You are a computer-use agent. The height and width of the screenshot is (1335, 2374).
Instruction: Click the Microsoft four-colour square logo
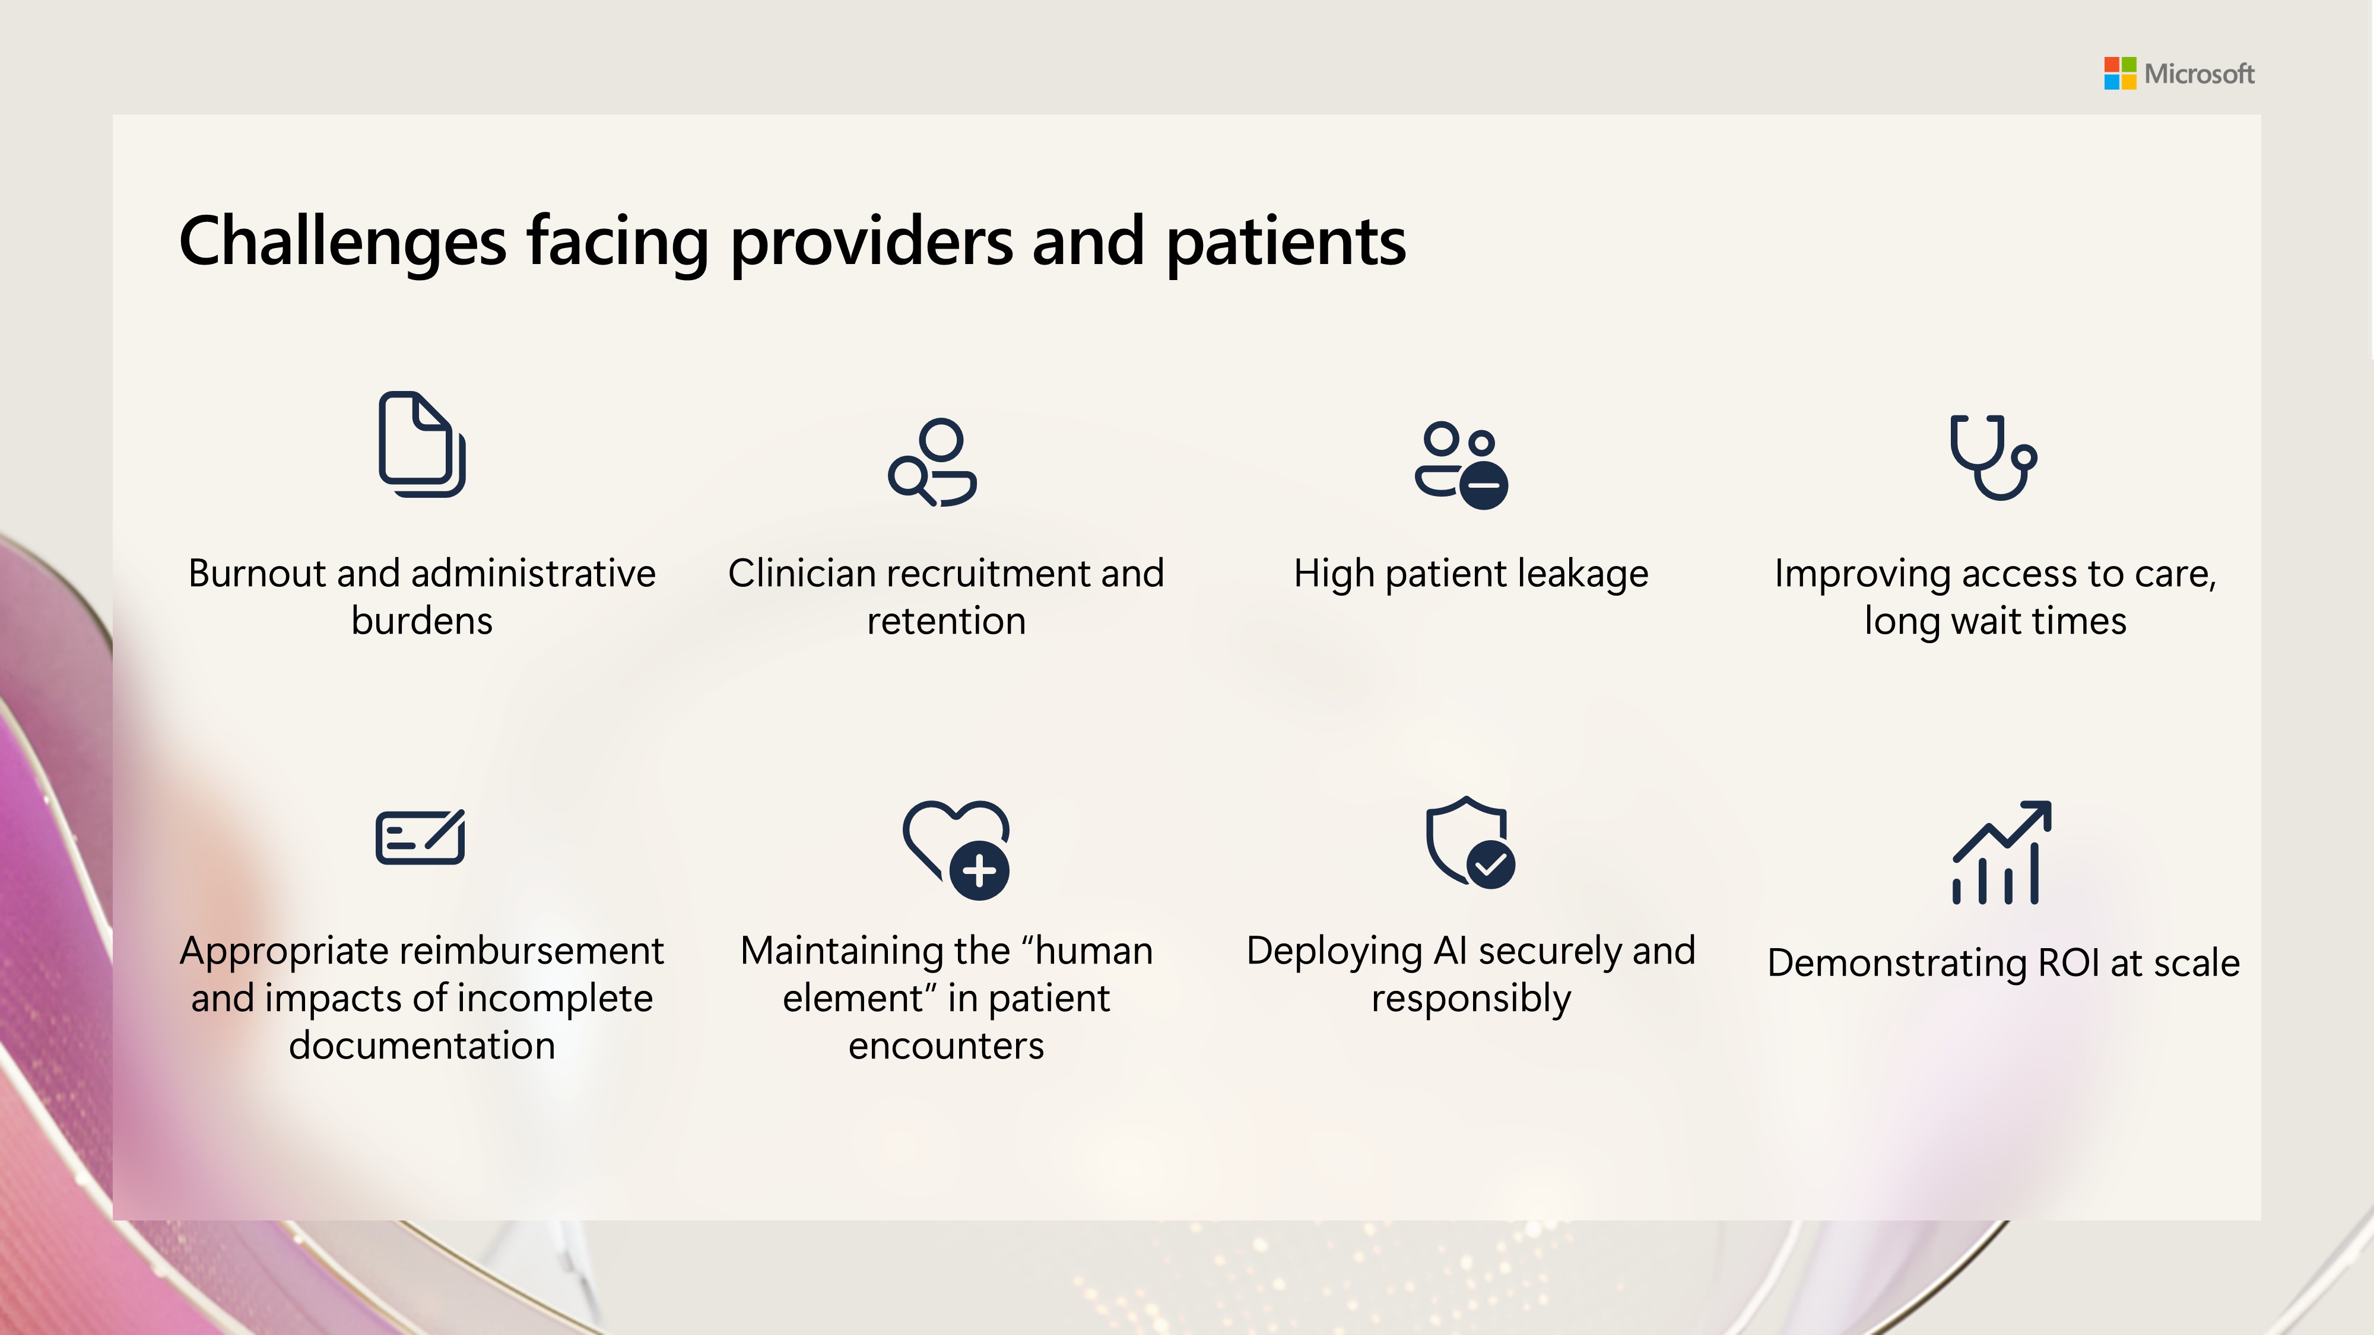(x=2119, y=73)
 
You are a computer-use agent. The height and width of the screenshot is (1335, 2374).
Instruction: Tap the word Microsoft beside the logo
(x=2199, y=74)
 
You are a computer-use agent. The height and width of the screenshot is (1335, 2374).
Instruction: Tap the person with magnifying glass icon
(x=932, y=463)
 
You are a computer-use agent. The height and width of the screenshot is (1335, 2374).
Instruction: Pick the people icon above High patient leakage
(x=1462, y=465)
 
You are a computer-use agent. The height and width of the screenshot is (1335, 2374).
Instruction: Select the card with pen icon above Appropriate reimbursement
(x=420, y=837)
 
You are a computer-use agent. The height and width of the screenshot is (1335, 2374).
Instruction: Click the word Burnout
(x=257, y=573)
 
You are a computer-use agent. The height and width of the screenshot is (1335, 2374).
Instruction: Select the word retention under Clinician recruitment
(x=947, y=621)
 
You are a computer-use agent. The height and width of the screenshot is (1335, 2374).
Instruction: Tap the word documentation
(x=422, y=1045)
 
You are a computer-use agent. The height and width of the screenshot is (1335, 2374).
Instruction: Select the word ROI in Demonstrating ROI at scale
(x=2069, y=963)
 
